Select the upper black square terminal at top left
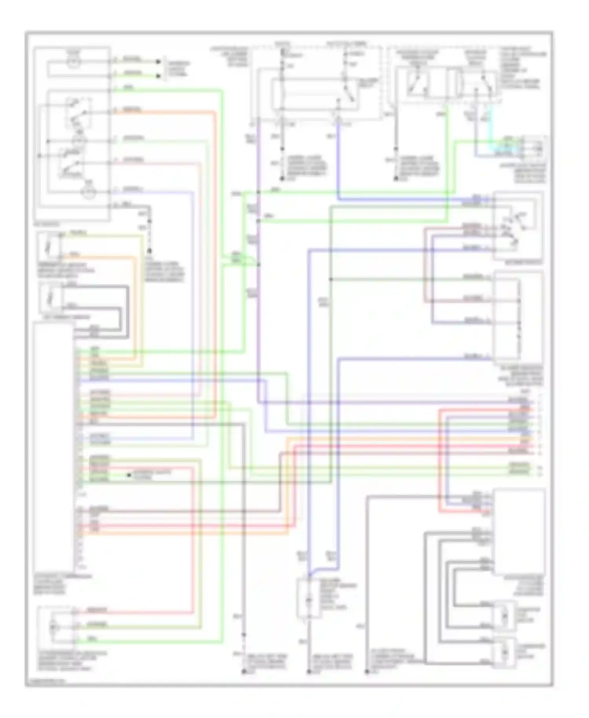(x=158, y=62)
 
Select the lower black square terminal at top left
(x=158, y=75)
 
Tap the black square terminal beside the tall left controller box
(x=129, y=475)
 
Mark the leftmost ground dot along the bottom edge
(x=243, y=672)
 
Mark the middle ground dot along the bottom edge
(x=309, y=672)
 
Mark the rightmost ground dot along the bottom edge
(x=367, y=672)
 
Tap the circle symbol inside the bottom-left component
(x=53, y=627)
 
